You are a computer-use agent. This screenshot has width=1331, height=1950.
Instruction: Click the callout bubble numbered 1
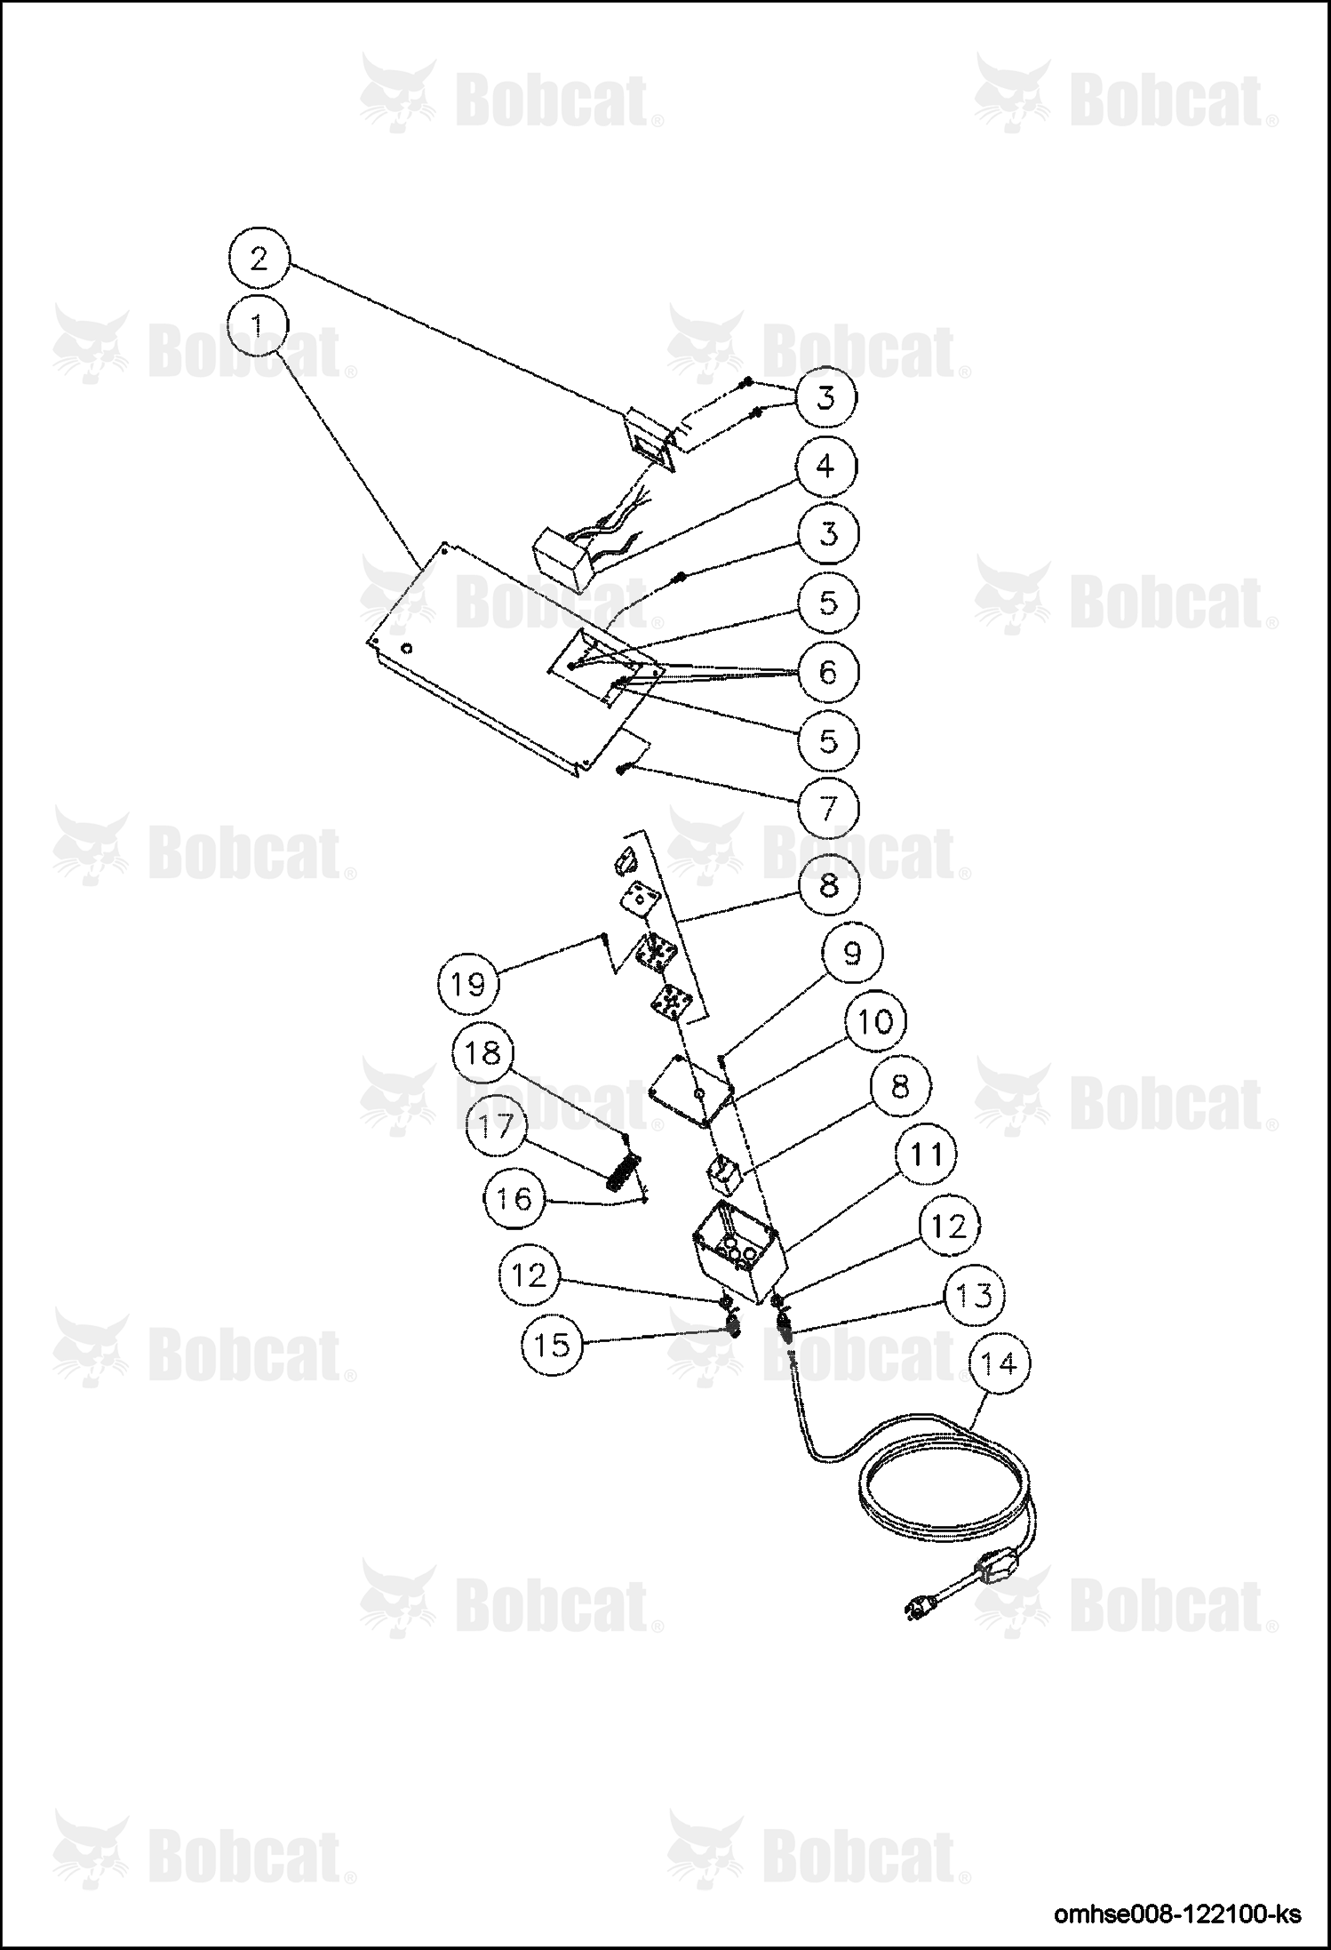257,327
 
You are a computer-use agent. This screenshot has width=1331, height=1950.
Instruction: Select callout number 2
259,259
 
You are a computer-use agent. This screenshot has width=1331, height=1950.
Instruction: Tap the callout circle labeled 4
826,466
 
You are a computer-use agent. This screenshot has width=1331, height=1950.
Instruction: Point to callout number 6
827,672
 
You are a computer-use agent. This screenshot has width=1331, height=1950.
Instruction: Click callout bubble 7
827,809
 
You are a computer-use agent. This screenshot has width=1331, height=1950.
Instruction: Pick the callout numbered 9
851,954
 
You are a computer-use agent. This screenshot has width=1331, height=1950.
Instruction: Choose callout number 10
875,1021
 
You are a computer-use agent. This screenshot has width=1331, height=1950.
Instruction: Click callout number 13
974,1295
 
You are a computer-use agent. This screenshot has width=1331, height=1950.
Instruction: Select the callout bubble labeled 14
1000,1364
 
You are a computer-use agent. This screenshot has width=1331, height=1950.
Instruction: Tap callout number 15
552,1345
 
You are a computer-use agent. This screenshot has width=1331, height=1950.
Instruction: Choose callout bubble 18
482,1054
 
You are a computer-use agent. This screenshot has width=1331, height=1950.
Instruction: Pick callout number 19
469,985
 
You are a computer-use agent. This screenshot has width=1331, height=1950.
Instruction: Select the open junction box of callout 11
738,1252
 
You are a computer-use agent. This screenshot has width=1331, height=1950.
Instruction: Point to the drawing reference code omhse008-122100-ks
1177,1914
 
